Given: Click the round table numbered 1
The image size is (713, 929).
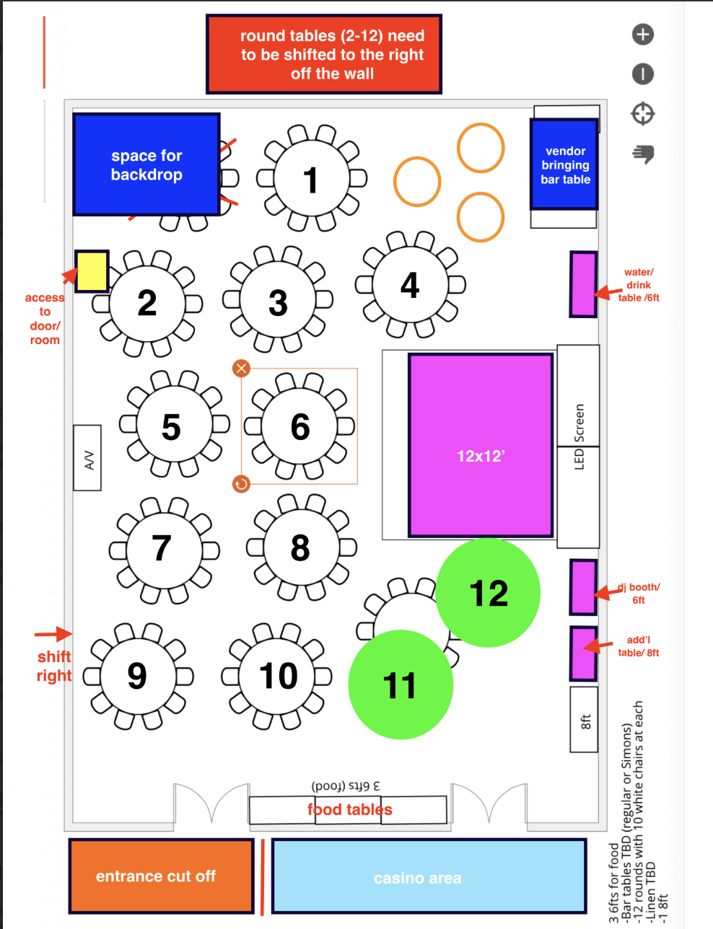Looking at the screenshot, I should tap(311, 179).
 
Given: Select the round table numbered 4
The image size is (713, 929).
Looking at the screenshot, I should tap(410, 285).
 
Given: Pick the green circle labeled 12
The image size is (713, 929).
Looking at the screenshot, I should tap(489, 593).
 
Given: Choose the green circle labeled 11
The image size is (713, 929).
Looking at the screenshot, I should tap(401, 685).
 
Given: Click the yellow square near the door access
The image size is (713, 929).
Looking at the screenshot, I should tap(92, 271).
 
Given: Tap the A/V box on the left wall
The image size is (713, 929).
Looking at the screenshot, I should tap(87, 459).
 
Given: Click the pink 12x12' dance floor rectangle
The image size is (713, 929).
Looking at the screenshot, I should tap(481, 445).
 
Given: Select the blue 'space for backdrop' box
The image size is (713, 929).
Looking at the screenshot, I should tap(146, 164).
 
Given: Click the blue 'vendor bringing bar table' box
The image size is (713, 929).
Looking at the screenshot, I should tap(564, 164).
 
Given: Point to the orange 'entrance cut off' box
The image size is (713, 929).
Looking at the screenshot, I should tap(161, 876).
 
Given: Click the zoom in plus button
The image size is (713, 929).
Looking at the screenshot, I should tap(642, 34).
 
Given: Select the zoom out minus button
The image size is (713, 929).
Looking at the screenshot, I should tap(642, 74).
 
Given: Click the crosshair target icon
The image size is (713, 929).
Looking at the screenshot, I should tap(642, 113).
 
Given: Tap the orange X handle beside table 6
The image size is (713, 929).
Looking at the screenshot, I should tap(241, 369).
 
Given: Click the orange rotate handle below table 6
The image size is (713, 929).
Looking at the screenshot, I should tap(241, 483).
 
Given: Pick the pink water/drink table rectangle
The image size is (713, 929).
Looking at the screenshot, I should tap(583, 284).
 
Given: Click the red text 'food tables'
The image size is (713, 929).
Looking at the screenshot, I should tap(350, 809).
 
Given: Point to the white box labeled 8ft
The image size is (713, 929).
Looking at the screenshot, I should tap(584, 719).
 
